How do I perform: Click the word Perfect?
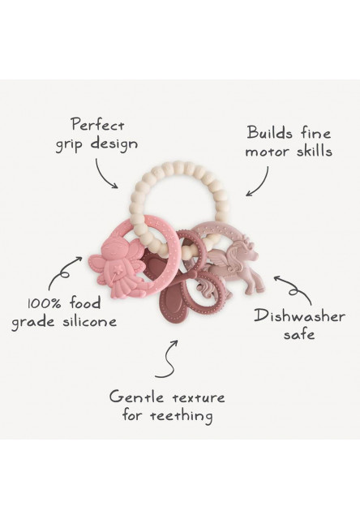(98, 126)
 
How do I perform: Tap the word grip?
(70, 144)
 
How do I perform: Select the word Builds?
(270, 133)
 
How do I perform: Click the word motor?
(268, 152)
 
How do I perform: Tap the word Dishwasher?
(300, 315)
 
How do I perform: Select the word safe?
(299, 334)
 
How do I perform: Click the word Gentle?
(136, 397)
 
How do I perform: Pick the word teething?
(182, 415)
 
